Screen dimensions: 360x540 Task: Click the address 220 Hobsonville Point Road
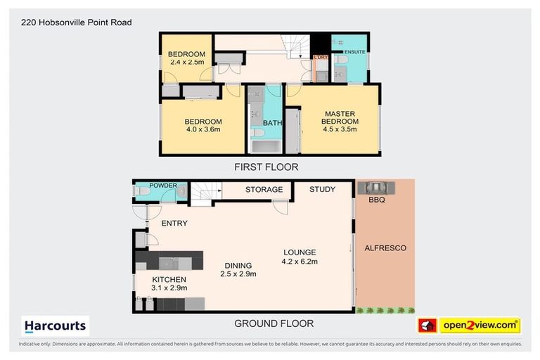pos(72,22)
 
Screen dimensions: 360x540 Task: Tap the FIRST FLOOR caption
pos(266,167)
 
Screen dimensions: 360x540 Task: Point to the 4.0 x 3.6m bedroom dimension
pos(203,129)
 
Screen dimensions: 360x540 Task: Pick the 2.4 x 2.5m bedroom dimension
pos(186,63)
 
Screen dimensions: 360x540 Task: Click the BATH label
pos(272,124)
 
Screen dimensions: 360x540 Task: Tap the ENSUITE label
pos(354,51)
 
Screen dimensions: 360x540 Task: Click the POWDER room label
pos(163,186)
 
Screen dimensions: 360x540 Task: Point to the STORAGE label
pos(264,190)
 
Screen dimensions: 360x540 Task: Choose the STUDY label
pos(322,190)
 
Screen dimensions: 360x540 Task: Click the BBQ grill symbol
pos(376,188)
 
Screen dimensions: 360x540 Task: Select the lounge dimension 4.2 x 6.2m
pos(300,262)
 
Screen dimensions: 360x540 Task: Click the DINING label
pos(237,265)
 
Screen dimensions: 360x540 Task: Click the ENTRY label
pos(174,223)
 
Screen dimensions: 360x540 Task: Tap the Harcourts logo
pos(56,326)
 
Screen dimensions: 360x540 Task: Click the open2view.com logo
pos(480,325)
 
